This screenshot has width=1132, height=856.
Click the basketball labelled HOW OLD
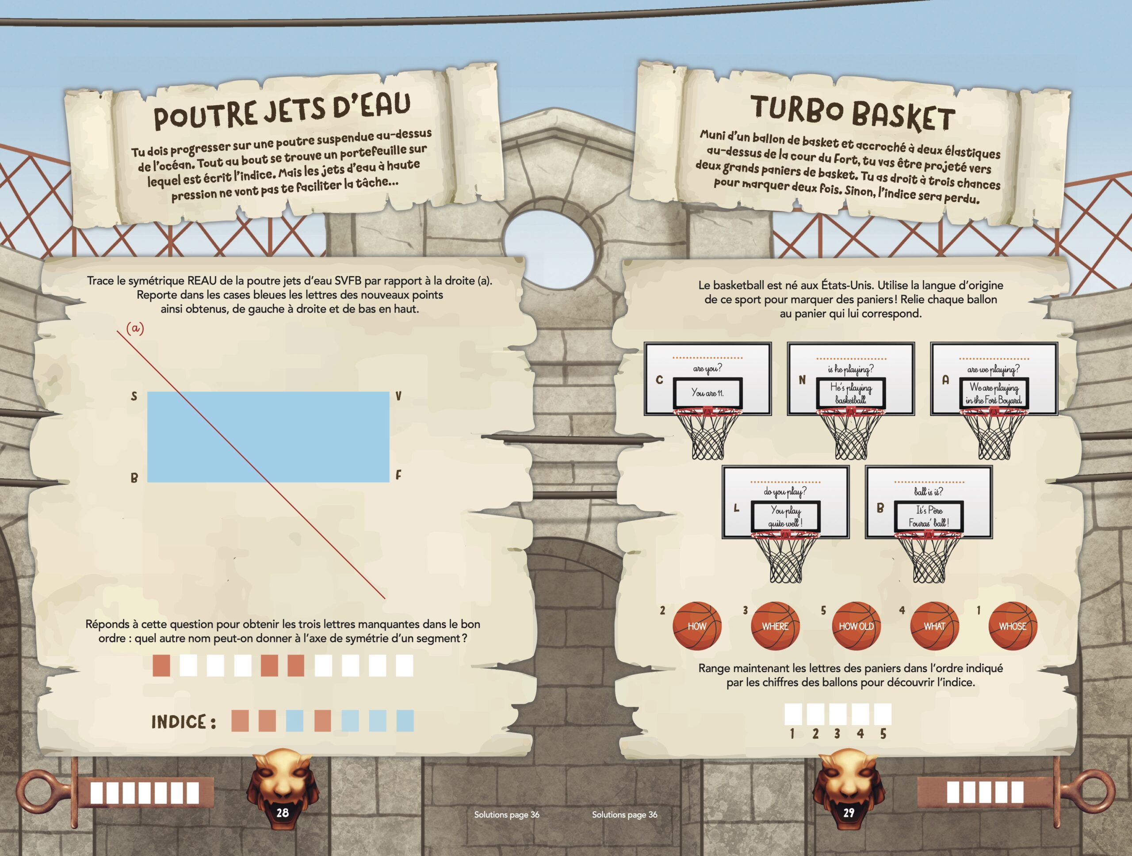[x=856, y=626]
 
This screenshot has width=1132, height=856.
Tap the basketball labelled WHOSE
[x=1012, y=626]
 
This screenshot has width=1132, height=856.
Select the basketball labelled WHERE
[x=775, y=626]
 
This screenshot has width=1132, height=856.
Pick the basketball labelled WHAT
[x=934, y=626]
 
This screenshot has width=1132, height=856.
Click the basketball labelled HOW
[x=696, y=626]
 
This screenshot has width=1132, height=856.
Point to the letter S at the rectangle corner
[x=134, y=396]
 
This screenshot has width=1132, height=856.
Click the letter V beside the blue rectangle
[x=398, y=396]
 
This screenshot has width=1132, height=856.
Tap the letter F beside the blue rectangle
[x=398, y=476]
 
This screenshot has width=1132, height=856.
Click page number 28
[x=283, y=813]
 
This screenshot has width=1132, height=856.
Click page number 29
[x=849, y=813]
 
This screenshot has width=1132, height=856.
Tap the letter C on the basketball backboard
[x=659, y=380]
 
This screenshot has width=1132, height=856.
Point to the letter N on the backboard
[x=802, y=380]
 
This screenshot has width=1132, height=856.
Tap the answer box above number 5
[x=883, y=714]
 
